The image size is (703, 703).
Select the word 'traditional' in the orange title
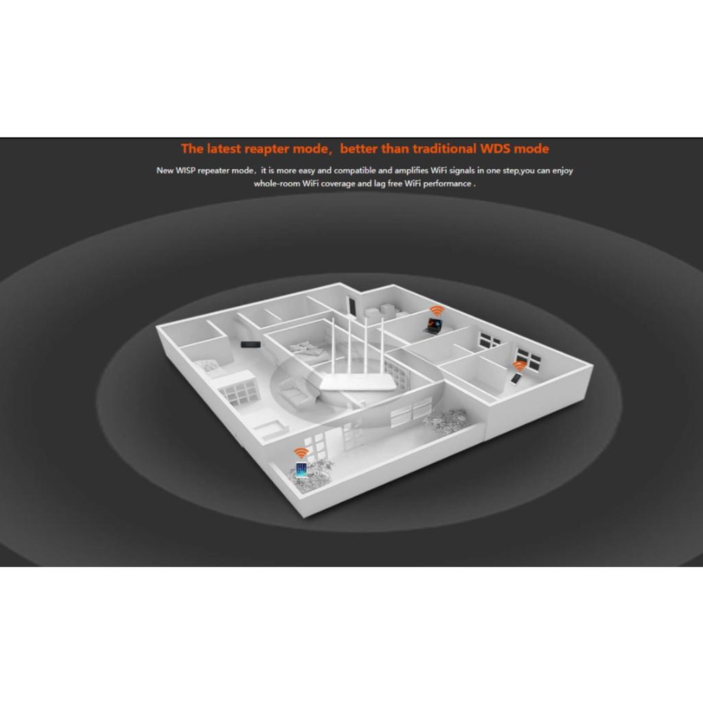pos(444,148)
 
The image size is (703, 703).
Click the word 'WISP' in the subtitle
pos(185,170)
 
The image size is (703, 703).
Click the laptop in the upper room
pos(433,325)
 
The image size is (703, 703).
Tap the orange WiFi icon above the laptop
pos(436,311)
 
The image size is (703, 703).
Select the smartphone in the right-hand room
pos(516,379)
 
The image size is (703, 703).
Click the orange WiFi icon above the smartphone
pos(520,366)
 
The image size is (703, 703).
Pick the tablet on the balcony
pos(301,470)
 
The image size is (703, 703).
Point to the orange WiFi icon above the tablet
pos(301,453)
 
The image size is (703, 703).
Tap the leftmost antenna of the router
pos(334,346)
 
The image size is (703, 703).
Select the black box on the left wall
pos(251,345)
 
